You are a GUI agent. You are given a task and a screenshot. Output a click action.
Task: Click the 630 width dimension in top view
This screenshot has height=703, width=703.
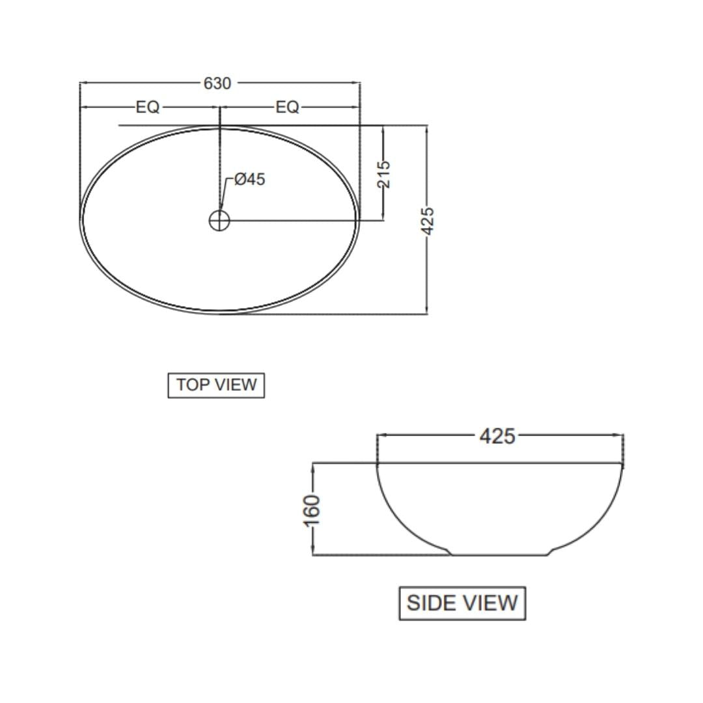217,83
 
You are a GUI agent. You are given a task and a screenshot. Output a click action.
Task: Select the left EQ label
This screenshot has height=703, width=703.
148,107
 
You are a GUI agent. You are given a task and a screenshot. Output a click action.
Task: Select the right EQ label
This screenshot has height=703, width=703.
287,107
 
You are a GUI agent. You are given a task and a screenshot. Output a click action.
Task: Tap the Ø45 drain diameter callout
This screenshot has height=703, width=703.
249,180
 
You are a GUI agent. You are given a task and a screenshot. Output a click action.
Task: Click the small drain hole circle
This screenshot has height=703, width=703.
219,221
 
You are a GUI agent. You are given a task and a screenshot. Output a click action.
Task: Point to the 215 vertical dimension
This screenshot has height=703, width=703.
384,174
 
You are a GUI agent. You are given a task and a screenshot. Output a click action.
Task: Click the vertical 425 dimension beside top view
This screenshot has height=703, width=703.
427,221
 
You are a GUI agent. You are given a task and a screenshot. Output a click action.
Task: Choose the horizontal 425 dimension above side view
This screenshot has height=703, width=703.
497,436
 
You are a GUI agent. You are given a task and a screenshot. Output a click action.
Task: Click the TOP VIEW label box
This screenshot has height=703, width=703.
216,385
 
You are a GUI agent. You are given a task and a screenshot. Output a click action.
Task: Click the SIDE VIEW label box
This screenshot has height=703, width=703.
462,603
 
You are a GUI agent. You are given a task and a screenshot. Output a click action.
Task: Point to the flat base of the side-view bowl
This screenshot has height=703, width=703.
500,555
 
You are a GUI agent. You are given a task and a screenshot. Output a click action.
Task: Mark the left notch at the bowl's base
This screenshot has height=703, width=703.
449,552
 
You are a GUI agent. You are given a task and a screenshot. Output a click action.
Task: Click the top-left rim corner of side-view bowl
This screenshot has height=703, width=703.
378,464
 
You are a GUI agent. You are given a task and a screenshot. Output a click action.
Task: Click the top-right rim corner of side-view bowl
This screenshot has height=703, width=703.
622,464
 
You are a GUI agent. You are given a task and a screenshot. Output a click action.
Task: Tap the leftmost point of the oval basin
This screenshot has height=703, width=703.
80,220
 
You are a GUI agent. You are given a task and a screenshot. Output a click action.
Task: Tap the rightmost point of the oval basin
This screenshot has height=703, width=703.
359,220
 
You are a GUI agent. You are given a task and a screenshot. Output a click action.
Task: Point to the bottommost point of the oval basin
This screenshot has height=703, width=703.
219,312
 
